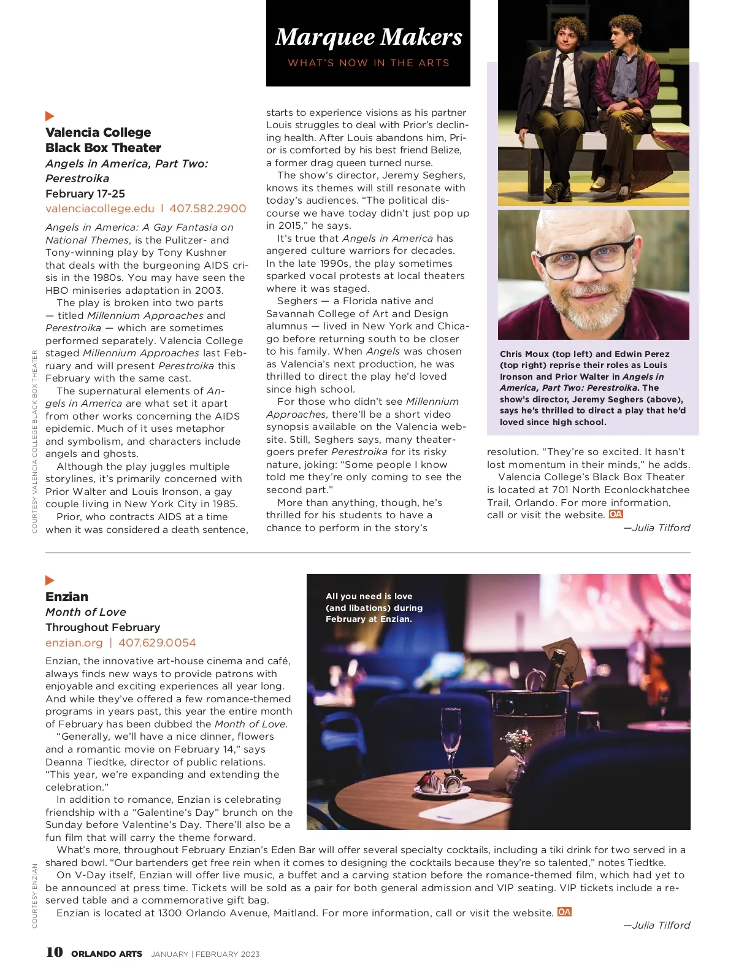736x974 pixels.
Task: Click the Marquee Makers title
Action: click(x=368, y=37)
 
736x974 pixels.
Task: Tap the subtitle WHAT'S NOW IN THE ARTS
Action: click(x=368, y=63)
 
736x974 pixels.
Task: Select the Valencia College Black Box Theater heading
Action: click(x=103, y=140)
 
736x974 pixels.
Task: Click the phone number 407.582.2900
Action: click(x=207, y=209)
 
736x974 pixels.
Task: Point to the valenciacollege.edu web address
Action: click(x=100, y=209)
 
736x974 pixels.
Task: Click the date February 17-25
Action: click(x=85, y=194)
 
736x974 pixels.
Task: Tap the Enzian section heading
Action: click(x=67, y=597)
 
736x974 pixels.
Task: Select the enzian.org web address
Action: click(x=74, y=643)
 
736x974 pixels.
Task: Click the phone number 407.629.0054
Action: click(x=157, y=643)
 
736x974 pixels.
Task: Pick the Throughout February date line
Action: click(x=102, y=627)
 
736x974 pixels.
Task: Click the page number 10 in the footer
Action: click(x=54, y=952)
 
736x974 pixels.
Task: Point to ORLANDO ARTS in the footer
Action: click(x=107, y=954)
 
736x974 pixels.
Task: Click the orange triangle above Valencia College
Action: click(x=50, y=116)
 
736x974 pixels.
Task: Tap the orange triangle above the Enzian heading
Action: click(x=50, y=580)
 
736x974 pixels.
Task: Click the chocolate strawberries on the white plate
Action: click(x=441, y=782)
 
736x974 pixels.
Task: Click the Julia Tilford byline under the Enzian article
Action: click(x=657, y=925)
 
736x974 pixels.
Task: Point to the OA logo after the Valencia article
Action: click(x=616, y=515)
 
